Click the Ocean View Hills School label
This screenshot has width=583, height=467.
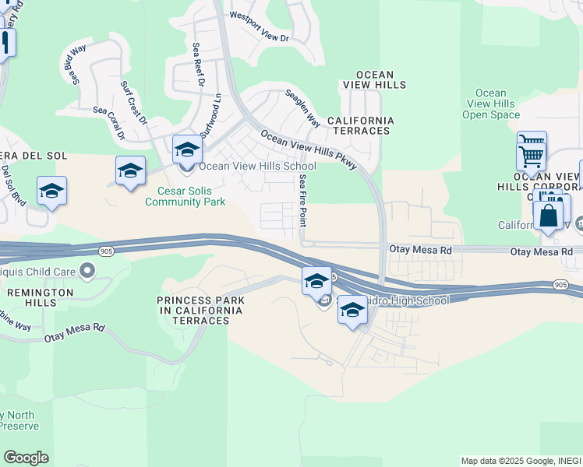(x=257, y=166)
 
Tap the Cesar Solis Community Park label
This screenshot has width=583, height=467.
(x=185, y=196)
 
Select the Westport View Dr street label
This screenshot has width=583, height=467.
(x=259, y=37)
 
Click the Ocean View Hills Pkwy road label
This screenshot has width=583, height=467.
(x=309, y=146)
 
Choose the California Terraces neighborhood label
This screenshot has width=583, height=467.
(x=360, y=125)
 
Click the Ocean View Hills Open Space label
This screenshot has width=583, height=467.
(x=490, y=104)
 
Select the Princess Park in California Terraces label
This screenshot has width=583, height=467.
(x=200, y=305)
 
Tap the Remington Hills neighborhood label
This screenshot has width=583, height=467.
(x=37, y=298)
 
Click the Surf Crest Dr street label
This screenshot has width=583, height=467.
(x=133, y=102)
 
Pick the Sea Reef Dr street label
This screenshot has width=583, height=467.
(x=198, y=65)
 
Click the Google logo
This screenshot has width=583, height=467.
(x=26, y=458)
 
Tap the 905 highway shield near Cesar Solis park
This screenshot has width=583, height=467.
(x=107, y=251)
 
